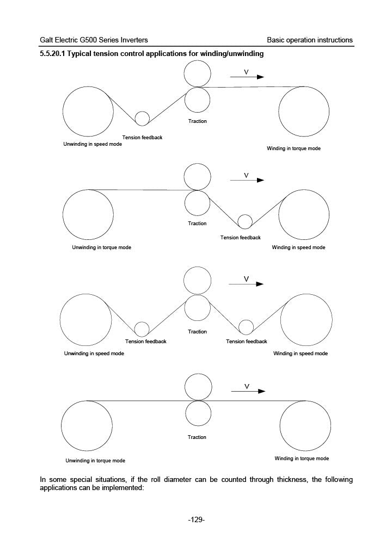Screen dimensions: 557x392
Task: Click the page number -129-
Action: (x=196, y=520)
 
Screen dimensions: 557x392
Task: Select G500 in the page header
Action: (x=93, y=40)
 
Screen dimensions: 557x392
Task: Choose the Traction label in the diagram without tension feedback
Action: (x=197, y=437)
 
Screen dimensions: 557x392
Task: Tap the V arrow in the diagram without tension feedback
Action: (x=248, y=391)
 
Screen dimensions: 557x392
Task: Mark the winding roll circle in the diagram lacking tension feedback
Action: (x=305, y=425)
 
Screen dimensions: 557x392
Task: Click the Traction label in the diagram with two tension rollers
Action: (x=197, y=332)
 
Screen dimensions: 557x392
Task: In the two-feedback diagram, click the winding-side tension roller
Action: (x=246, y=327)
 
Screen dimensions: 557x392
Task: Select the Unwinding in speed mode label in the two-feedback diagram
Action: (x=94, y=354)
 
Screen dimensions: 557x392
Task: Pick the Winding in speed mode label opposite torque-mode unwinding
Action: (x=298, y=247)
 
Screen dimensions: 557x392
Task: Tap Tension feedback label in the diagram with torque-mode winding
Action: (x=142, y=138)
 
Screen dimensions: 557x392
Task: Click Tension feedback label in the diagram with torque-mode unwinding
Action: (x=240, y=238)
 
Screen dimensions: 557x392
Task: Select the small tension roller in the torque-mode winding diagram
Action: (x=142, y=118)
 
